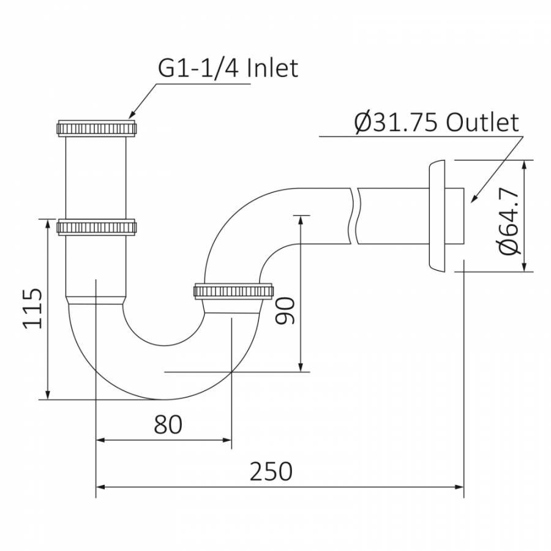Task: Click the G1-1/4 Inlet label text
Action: point(228,68)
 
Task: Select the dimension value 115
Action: point(34,307)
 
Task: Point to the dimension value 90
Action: point(286,310)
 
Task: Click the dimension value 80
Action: point(168,424)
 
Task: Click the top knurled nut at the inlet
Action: point(96,129)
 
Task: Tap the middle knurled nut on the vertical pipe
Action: point(96,227)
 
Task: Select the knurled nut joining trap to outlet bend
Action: point(233,290)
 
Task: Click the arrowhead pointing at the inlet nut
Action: point(130,114)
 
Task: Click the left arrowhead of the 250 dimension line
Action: point(101,487)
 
